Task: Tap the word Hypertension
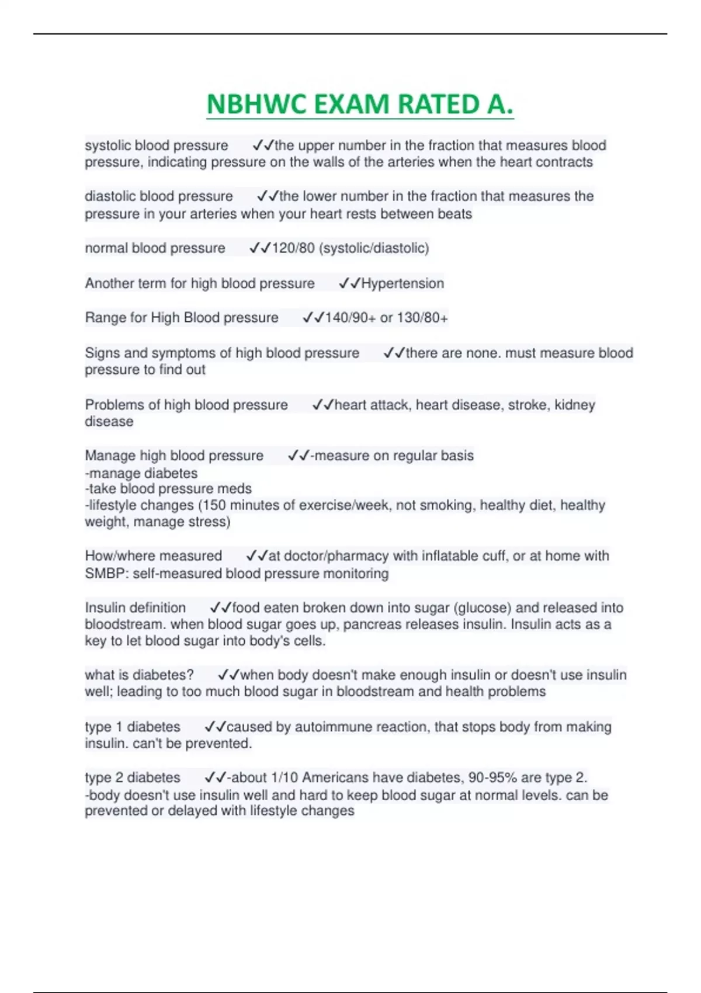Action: tap(402, 284)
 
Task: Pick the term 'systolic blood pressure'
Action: tap(157, 145)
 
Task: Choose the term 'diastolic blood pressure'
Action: tap(159, 196)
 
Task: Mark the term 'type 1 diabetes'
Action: tap(133, 727)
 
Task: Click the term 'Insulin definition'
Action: tap(136, 608)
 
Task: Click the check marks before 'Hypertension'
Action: tap(349, 284)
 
